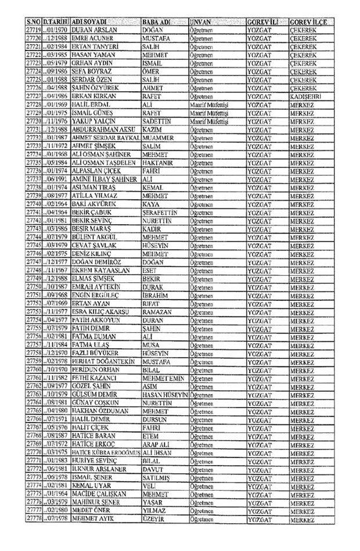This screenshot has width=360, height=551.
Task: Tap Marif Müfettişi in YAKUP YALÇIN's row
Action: tap(209, 121)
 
